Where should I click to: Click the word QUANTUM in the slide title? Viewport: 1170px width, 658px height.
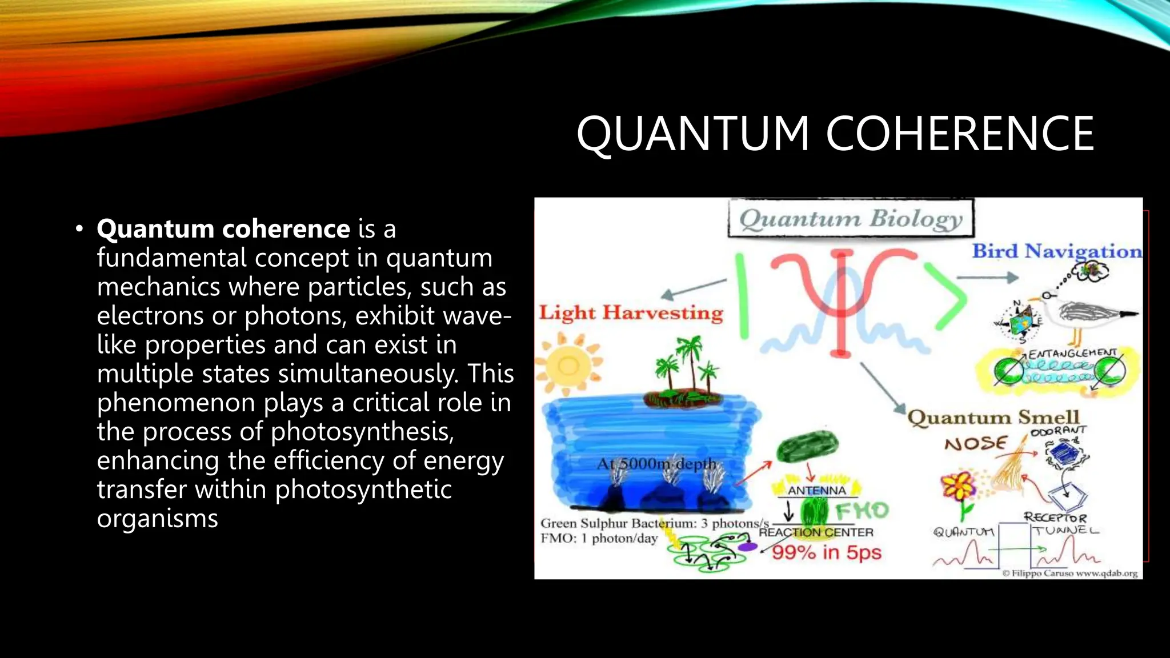692,134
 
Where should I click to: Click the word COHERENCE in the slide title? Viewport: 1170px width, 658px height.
960,134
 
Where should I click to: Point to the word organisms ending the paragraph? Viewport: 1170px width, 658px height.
157,519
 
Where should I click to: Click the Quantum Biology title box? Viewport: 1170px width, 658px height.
851,219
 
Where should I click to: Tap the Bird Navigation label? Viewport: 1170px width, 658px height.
1057,251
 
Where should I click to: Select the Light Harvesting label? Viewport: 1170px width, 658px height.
631,313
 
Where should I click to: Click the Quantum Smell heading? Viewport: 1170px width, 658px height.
993,418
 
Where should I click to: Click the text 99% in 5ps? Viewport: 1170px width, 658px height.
827,553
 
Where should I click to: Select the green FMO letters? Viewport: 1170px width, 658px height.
862,510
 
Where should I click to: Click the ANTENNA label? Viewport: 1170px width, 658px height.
816,490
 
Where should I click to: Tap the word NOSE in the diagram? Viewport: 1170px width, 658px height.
975,444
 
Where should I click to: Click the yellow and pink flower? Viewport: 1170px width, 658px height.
959,487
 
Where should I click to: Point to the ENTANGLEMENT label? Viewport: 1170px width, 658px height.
1072,354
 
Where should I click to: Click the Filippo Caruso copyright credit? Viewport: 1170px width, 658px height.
1069,573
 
